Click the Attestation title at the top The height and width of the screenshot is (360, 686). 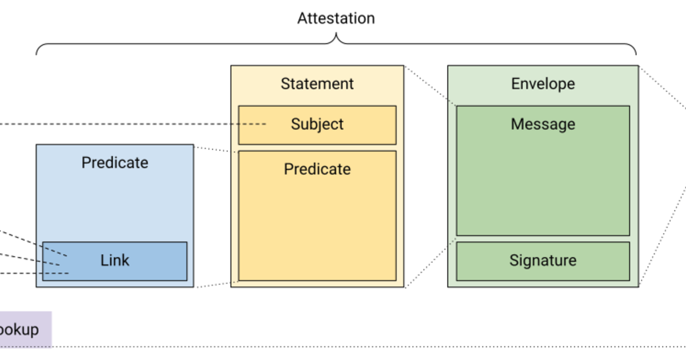[336, 18]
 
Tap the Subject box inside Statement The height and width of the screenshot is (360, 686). [317, 125]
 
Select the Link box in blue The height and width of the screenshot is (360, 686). [115, 261]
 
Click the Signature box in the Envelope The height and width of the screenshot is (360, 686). [543, 261]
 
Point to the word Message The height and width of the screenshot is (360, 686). [543, 124]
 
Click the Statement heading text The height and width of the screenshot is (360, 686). [317, 84]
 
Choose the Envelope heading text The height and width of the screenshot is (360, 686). [543, 84]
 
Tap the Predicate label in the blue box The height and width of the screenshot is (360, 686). [115, 163]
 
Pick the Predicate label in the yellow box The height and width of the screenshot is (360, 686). [317, 169]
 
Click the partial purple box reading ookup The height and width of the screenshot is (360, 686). [23, 330]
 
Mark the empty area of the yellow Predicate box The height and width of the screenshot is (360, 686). [317, 229]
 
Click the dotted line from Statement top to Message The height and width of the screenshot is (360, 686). [430, 86]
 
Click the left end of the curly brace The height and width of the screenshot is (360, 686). [37, 54]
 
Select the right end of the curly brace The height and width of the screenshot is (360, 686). [636, 54]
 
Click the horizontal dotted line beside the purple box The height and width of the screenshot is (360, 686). [343, 346]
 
